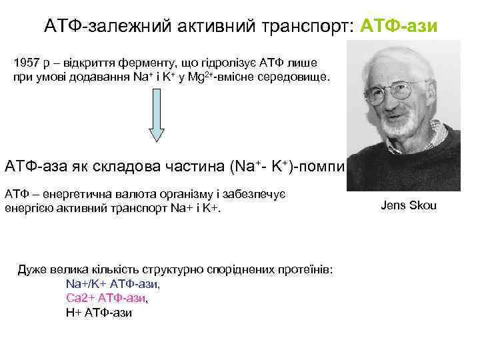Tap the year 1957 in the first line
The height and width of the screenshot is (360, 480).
coord(27,63)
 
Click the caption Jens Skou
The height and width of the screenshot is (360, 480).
coord(408,205)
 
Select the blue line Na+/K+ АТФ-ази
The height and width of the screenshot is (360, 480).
coord(113,283)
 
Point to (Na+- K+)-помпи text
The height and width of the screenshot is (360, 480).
coord(287,165)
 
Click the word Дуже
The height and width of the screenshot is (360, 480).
coord(31,269)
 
